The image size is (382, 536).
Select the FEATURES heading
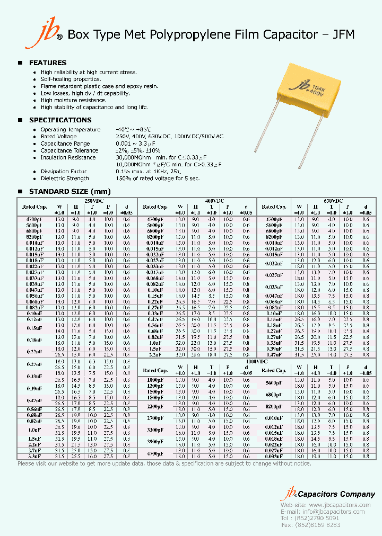point(47,62)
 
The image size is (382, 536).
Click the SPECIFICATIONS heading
point(60,120)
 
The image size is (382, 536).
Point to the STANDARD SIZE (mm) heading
point(70,191)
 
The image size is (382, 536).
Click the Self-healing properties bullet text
point(71,79)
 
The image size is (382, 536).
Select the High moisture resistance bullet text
point(73,100)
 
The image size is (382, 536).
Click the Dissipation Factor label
point(63,172)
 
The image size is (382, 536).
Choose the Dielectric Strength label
point(64,178)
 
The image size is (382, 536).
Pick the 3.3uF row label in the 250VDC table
point(34,456)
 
